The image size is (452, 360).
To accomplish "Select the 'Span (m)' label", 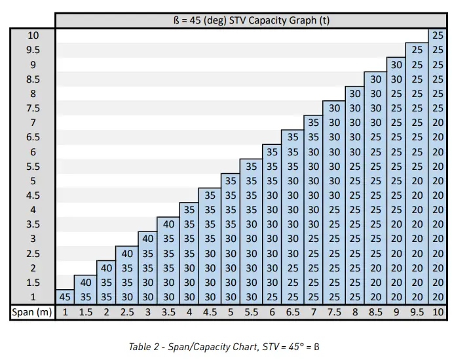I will point(31,312).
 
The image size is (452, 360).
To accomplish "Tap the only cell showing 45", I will point(65,297).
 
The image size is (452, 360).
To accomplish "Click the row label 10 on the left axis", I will point(33,35).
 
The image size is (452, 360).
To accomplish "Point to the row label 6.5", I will point(33,137).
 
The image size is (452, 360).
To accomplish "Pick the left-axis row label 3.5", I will point(33,224).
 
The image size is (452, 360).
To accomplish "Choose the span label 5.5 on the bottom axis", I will point(252,312).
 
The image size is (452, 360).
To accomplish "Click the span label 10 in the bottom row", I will point(438,312).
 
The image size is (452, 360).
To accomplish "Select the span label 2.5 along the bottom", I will point(127,312).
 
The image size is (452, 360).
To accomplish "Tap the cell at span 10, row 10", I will point(438,35).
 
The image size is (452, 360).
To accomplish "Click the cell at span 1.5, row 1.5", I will point(85,283).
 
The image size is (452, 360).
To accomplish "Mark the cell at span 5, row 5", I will point(231,181).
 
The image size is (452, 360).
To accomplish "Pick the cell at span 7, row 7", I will point(314,123).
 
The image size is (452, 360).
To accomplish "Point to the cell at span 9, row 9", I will point(396,64).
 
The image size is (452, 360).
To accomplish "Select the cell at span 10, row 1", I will point(438,297).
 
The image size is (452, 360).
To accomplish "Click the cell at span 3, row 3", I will point(147,239).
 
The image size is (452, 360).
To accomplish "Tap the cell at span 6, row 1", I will point(272,297).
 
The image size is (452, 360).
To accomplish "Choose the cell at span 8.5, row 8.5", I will point(375,79).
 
